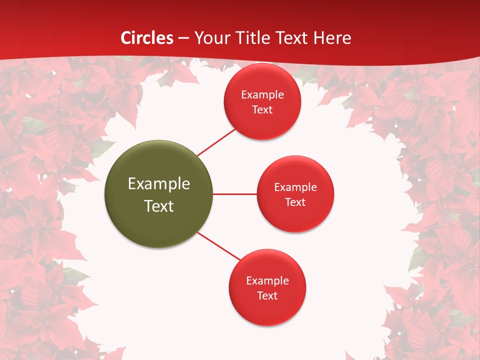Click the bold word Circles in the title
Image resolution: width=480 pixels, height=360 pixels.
(x=147, y=38)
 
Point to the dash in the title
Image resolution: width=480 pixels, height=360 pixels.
(x=183, y=38)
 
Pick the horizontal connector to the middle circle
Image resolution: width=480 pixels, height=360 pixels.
(x=235, y=194)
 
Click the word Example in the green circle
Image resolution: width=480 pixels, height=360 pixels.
(x=159, y=184)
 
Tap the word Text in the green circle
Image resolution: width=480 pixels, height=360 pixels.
(x=159, y=206)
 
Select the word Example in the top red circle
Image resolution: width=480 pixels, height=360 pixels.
(x=262, y=95)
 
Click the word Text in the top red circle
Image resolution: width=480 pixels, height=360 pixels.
(x=262, y=110)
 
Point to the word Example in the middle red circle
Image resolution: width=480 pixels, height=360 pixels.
(x=295, y=187)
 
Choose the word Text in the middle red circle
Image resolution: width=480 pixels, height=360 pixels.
(x=295, y=202)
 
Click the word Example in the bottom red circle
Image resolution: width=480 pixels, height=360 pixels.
(x=267, y=281)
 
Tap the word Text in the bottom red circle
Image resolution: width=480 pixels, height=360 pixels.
(x=267, y=296)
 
